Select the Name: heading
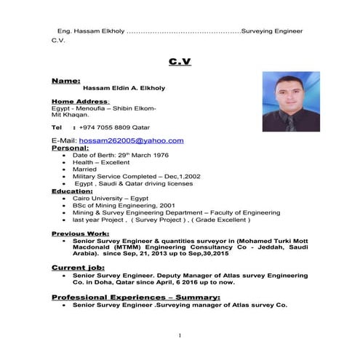(66, 80)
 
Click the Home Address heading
(81, 101)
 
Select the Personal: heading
(71, 148)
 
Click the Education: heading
(73, 191)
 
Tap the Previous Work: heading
(80, 233)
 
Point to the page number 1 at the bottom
(179, 335)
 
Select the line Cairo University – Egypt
(111, 198)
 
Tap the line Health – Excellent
(101, 162)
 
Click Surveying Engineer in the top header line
(272, 32)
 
